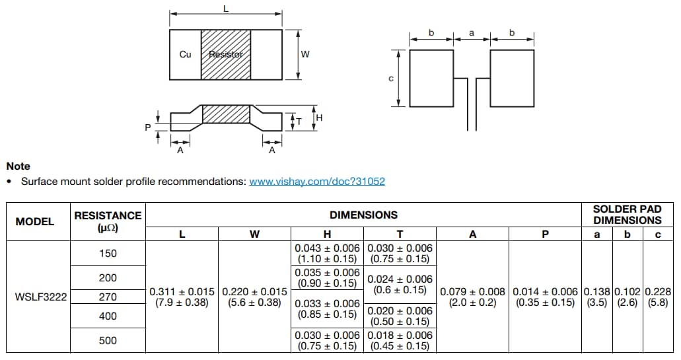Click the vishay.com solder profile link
pos(316,181)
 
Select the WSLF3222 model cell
pos(41,297)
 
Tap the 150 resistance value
pos(108,253)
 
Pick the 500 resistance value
pos(108,340)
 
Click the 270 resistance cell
pos(108,297)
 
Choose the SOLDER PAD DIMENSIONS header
pos(627,215)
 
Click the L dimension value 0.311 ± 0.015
pos(182,297)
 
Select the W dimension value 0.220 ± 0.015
pos(254,297)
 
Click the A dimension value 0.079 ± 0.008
pos(472,297)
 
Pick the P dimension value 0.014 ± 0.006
pos(545,297)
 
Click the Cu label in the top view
pos(186,54)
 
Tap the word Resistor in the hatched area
pos(226,54)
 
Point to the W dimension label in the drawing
pos(305,54)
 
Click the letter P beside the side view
pos(148,127)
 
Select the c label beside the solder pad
pos(391,79)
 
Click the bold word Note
pos(18,166)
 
